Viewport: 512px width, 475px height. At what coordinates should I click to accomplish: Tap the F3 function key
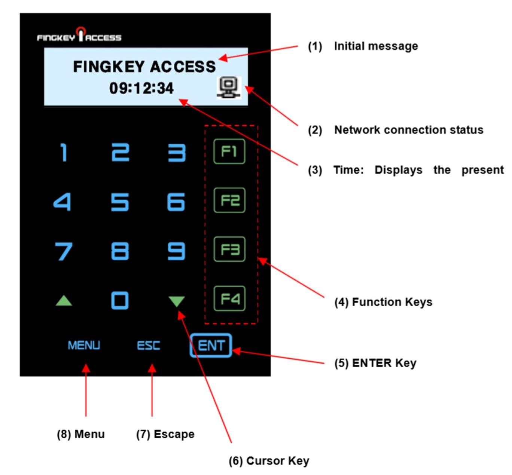click(229, 249)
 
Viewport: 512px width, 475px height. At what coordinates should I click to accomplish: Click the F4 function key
click(229, 298)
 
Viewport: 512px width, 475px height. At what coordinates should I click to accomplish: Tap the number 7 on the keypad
click(64, 251)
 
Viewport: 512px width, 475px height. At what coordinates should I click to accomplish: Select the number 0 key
click(120, 300)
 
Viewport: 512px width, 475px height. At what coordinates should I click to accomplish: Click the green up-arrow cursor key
click(64, 301)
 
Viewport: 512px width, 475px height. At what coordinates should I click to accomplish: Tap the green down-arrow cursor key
click(177, 301)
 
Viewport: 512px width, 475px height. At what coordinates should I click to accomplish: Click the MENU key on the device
click(84, 345)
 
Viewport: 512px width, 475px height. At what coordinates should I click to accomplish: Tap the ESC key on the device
click(149, 345)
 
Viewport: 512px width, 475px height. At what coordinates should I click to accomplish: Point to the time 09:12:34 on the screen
click(141, 89)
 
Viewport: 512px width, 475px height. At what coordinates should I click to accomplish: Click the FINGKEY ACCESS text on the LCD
click(144, 67)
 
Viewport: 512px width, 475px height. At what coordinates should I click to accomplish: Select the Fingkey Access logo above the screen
click(79, 36)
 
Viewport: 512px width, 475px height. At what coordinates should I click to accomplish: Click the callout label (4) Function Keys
click(383, 302)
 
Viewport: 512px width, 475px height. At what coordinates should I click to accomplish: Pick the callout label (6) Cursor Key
click(269, 461)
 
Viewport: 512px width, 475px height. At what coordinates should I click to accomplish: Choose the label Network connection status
click(408, 130)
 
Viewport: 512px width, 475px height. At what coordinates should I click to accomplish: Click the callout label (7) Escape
click(165, 434)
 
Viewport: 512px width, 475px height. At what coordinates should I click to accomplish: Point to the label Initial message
click(376, 46)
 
